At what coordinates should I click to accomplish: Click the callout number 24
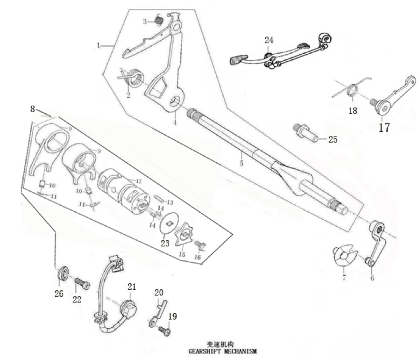click(269, 40)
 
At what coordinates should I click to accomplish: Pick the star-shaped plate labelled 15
click(185, 235)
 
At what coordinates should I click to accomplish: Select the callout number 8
click(32, 109)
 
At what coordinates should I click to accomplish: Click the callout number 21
click(132, 287)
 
